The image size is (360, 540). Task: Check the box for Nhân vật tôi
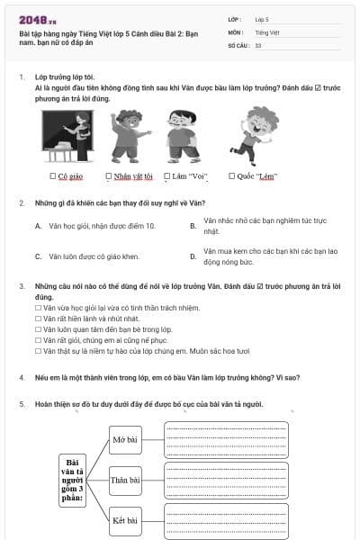point(109,176)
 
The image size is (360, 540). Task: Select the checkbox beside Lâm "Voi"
point(168,176)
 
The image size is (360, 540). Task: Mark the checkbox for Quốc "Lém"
point(232,176)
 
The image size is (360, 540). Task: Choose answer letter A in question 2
point(39,226)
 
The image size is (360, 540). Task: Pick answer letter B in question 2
point(193,226)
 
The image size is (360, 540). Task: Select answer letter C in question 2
point(39,256)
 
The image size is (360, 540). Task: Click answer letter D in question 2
point(193,256)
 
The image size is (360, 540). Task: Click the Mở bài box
point(124,440)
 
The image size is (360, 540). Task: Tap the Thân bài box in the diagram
point(124,480)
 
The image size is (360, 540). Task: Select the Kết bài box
point(124,520)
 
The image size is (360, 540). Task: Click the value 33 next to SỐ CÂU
point(258,45)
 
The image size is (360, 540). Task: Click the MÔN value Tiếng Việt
point(266,31)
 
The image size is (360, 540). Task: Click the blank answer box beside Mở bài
point(226,439)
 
